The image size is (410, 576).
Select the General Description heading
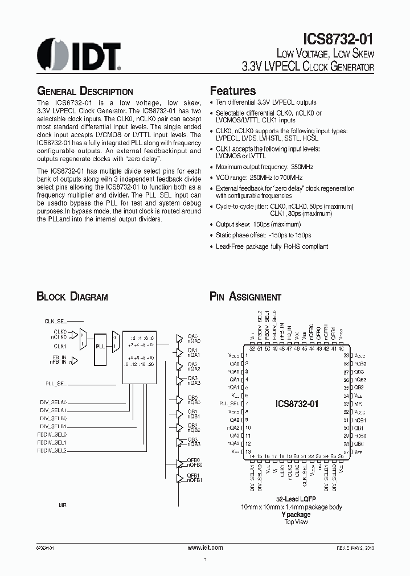point(85,91)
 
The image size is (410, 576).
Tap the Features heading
point(233,91)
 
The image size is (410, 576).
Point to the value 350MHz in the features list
point(301,167)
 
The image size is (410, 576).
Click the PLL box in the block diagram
point(100,345)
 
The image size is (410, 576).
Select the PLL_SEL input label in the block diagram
point(56,384)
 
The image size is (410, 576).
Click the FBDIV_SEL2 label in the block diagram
point(54,450)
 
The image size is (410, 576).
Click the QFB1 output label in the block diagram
point(193,475)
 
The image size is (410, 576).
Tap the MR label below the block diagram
point(63,505)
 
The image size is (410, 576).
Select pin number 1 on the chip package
point(247,355)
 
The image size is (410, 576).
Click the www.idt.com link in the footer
point(205,547)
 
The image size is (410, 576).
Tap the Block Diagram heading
point(72,297)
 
